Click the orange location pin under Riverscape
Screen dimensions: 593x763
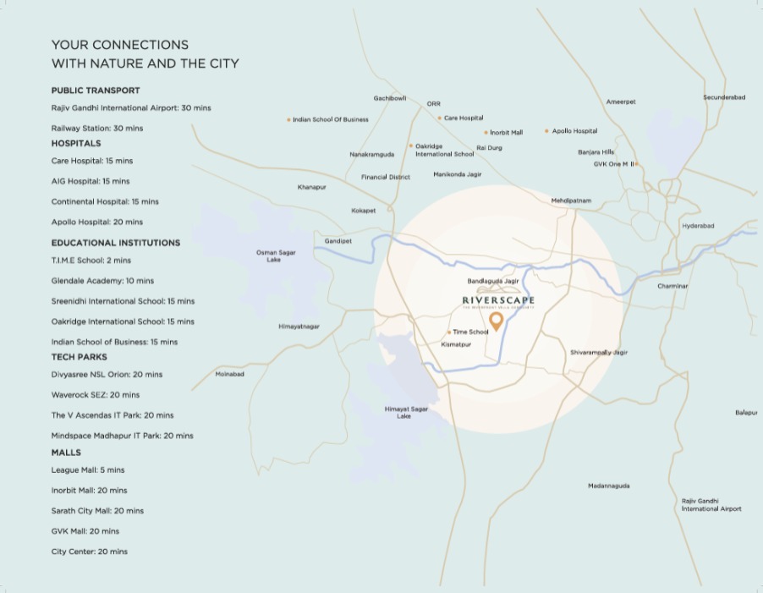(497, 321)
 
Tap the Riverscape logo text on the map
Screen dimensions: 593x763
(498, 300)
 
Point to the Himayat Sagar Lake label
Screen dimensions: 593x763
(406, 412)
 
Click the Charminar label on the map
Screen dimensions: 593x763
(672, 286)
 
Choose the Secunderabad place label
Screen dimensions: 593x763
(724, 97)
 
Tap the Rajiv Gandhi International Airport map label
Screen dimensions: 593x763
(711, 504)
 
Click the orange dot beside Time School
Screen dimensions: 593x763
(449, 332)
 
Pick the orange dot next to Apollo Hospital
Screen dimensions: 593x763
(546, 131)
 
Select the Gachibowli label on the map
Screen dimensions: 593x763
(390, 98)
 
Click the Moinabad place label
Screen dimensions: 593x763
(229, 374)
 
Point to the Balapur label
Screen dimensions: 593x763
(746, 413)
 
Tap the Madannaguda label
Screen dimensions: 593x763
(609, 486)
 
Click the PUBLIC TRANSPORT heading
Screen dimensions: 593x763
(96, 91)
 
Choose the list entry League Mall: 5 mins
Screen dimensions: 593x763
(88, 469)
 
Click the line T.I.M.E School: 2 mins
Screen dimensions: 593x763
(91, 261)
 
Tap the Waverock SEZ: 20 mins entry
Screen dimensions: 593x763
(96, 395)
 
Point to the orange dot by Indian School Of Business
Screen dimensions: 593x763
(288, 119)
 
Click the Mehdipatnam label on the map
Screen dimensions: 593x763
(571, 200)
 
